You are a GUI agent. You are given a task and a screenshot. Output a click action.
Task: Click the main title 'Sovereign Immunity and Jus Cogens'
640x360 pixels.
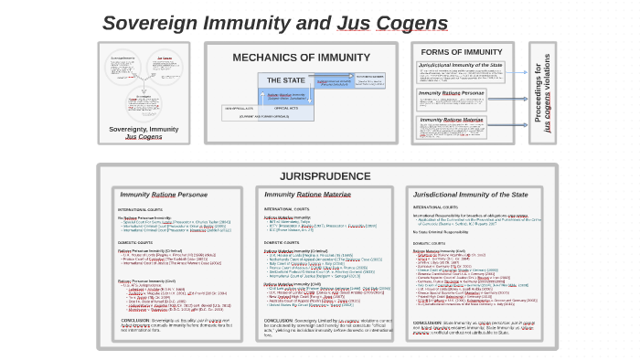274,23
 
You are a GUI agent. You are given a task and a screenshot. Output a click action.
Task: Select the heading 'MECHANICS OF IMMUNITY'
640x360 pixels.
301,57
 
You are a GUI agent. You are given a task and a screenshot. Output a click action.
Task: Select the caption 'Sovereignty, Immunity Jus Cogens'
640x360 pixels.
144,132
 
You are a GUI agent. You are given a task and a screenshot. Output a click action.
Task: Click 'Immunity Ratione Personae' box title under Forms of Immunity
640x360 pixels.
452,93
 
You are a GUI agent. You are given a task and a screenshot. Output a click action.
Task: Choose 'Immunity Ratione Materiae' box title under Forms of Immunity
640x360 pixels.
452,120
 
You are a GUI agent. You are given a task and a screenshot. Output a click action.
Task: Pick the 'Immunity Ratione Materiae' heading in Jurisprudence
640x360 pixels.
307,195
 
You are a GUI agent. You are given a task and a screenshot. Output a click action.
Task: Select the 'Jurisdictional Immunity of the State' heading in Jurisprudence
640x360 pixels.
470,195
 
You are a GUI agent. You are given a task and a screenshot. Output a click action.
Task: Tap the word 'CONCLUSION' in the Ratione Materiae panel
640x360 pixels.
278,321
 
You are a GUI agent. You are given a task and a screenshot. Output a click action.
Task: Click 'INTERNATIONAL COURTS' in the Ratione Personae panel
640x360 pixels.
139,210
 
